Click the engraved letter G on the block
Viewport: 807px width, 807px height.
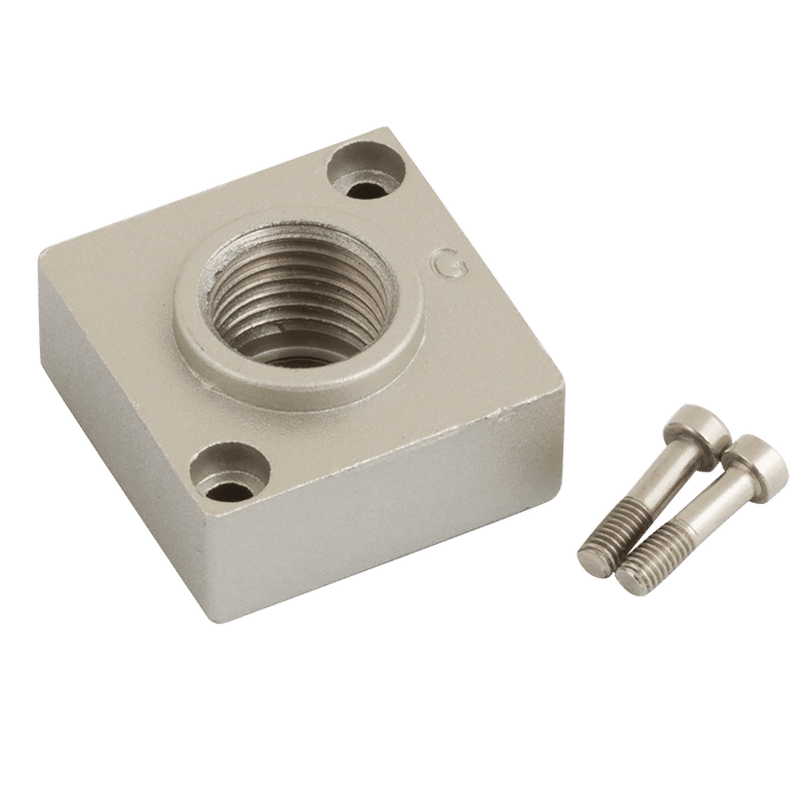450,264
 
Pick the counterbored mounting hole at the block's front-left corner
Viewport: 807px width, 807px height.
229,470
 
